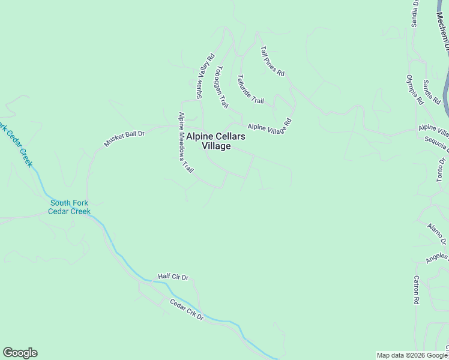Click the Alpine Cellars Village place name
(215, 141)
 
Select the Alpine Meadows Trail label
(186, 143)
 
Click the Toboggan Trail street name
(222, 86)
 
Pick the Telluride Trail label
(250, 89)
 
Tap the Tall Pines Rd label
(272, 61)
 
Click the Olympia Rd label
(415, 89)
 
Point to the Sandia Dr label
(414, 14)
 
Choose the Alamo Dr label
(436, 233)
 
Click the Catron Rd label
(415, 290)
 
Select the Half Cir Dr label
(173, 277)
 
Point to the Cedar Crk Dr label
(186, 309)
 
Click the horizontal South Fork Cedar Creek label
(70, 207)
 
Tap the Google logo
(20, 353)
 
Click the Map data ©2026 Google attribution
(412, 355)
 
